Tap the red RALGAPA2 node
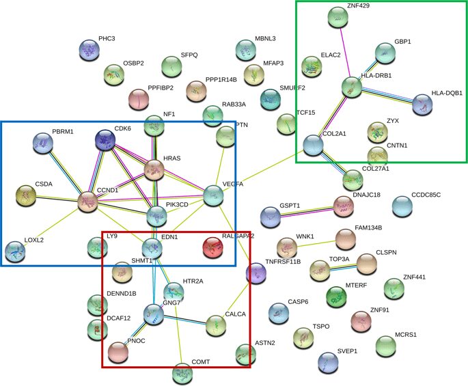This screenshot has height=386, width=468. click(213, 247)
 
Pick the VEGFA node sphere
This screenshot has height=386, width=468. click(214, 196)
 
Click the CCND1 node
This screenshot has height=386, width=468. click(87, 202)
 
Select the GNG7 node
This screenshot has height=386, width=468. click(154, 314)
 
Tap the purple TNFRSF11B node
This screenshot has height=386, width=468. click(256, 273)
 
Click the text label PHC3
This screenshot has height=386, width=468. click(107, 39)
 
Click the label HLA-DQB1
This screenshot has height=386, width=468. click(447, 92)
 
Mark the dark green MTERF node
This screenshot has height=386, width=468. click(335, 297)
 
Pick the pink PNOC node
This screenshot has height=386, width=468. click(118, 351)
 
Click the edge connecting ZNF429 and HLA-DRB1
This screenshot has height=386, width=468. click(345, 53)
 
